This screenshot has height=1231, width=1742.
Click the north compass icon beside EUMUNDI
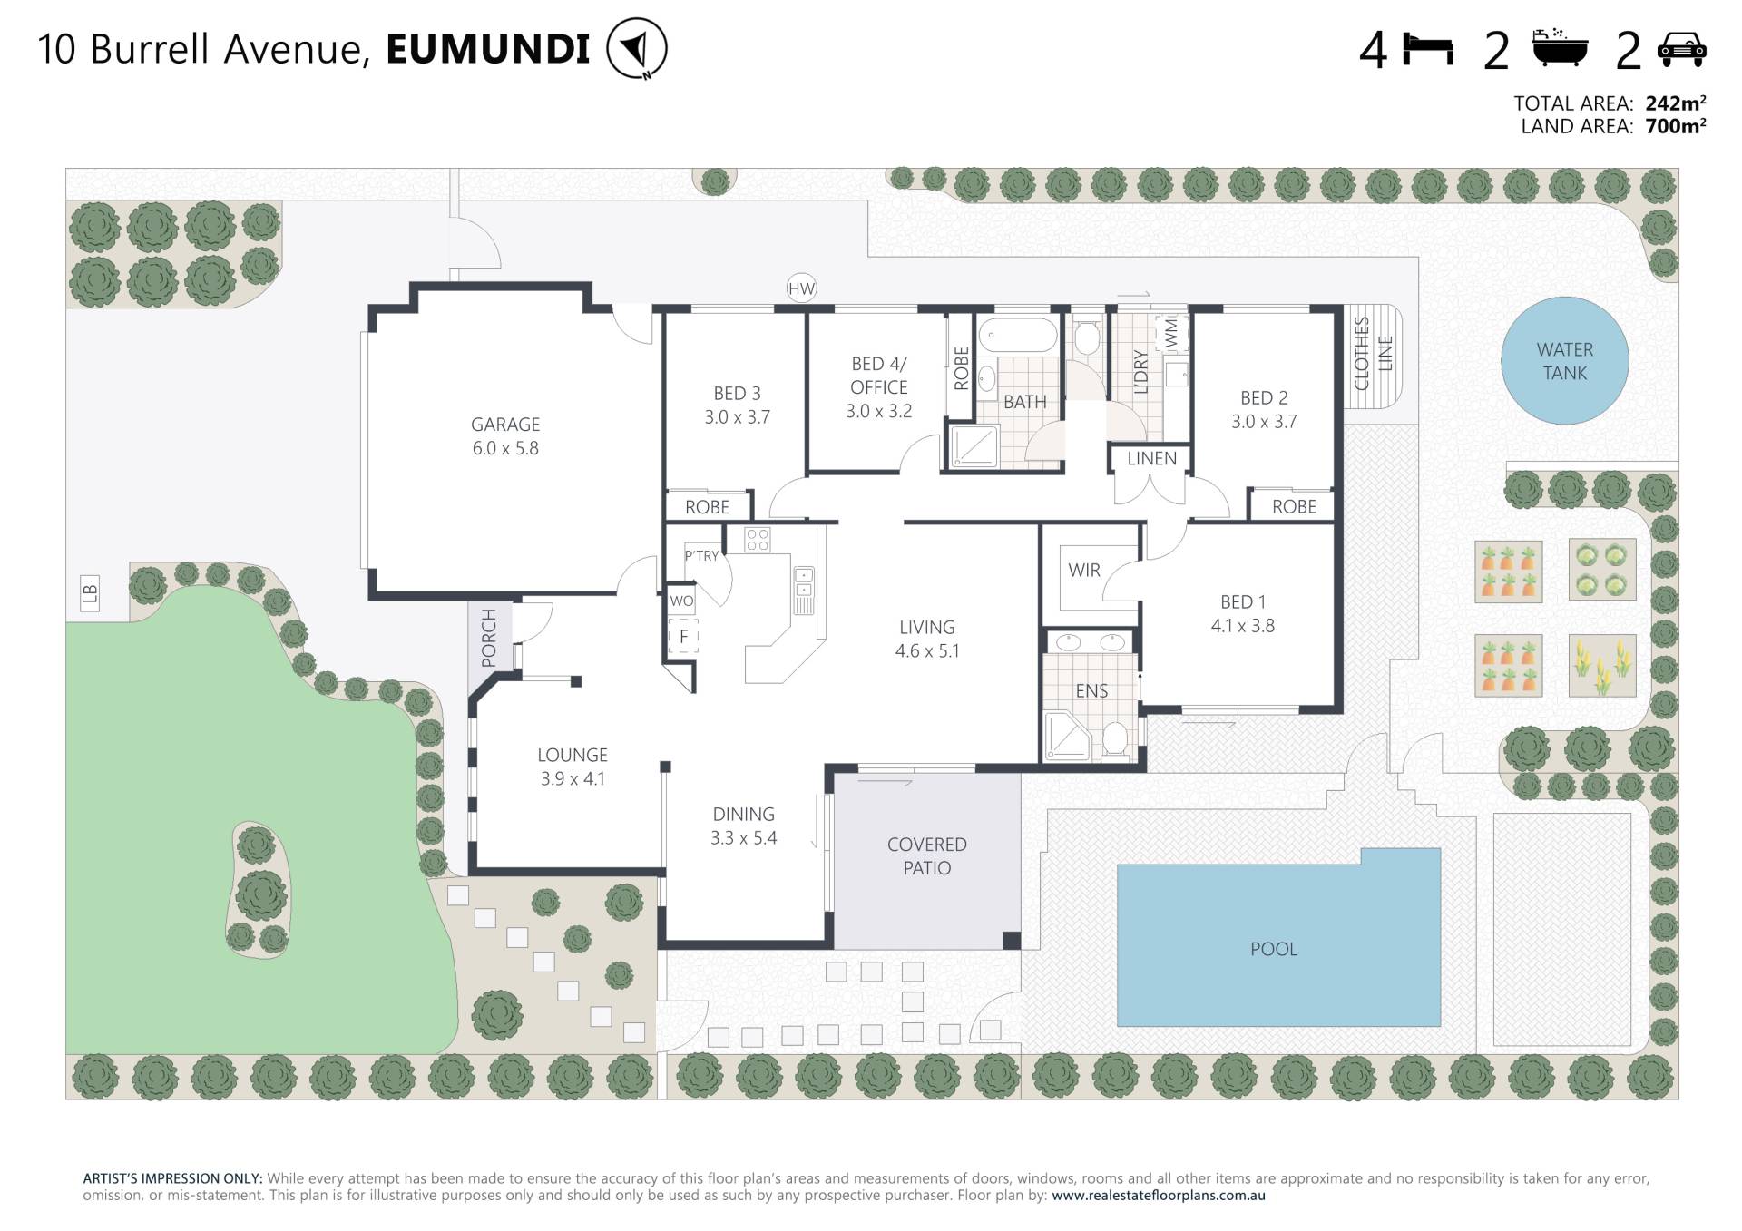pos(637,48)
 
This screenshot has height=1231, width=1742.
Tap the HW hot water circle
pos(801,289)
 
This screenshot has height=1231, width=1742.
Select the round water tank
pos(1564,361)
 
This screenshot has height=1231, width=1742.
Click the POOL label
pos(1274,949)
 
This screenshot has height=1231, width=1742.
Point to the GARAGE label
pos(505,425)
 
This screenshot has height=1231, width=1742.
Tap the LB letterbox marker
pos(90,593)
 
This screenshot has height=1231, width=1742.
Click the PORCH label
pos(489,639)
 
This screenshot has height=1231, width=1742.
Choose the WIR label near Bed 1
pos(1084,570)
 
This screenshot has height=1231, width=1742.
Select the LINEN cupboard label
pos(1151,459)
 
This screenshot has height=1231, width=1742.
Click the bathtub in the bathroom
pos(1019,335)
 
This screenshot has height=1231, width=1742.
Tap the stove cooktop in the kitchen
pos(758,540)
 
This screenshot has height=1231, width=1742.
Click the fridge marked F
pos(683,637)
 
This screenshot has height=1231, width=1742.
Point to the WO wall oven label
pos(681,601)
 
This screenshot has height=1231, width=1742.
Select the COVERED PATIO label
pos(927,856)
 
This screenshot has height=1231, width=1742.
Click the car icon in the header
pos(1681,49)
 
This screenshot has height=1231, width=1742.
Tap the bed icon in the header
pos(1428,49)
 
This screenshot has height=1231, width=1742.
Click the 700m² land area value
pos(1675,127)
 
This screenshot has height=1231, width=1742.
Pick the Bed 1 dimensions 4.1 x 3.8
pos(1243,626)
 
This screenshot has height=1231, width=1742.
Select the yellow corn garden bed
pos(1602,665)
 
